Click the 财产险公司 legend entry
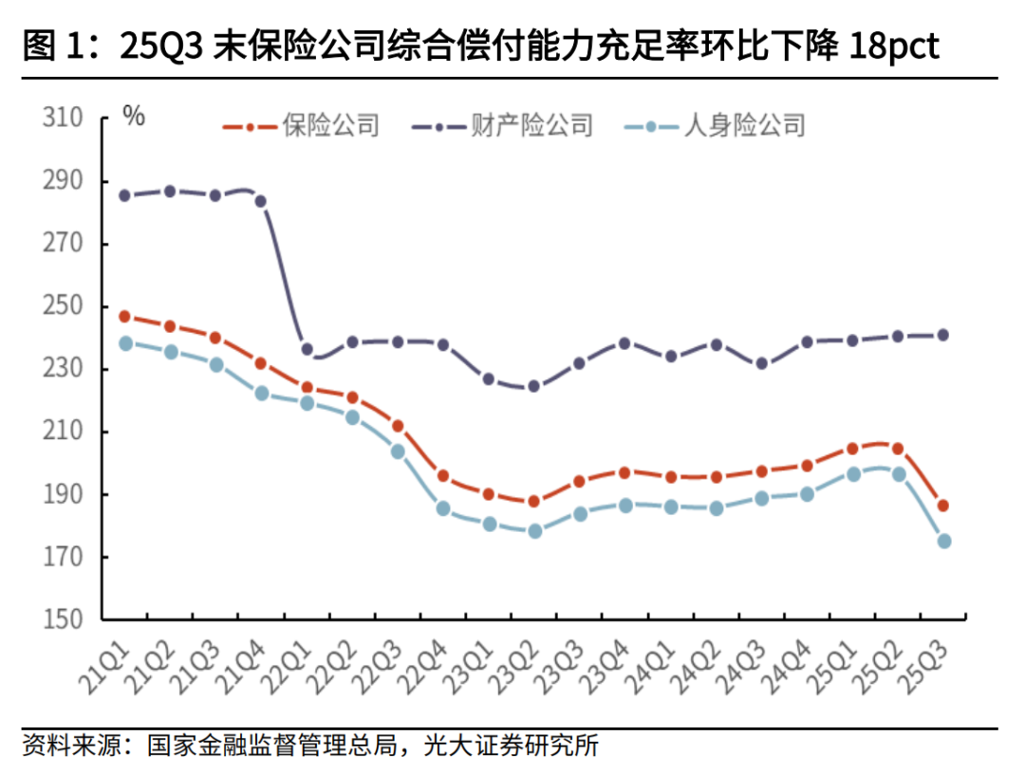531,124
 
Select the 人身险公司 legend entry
744,124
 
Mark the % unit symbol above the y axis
134,117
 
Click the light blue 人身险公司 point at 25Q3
944,541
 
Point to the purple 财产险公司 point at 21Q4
260,201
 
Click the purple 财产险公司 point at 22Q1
307,349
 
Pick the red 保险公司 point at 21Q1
124,317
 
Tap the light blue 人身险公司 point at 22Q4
443,508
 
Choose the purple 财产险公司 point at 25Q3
942,335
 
